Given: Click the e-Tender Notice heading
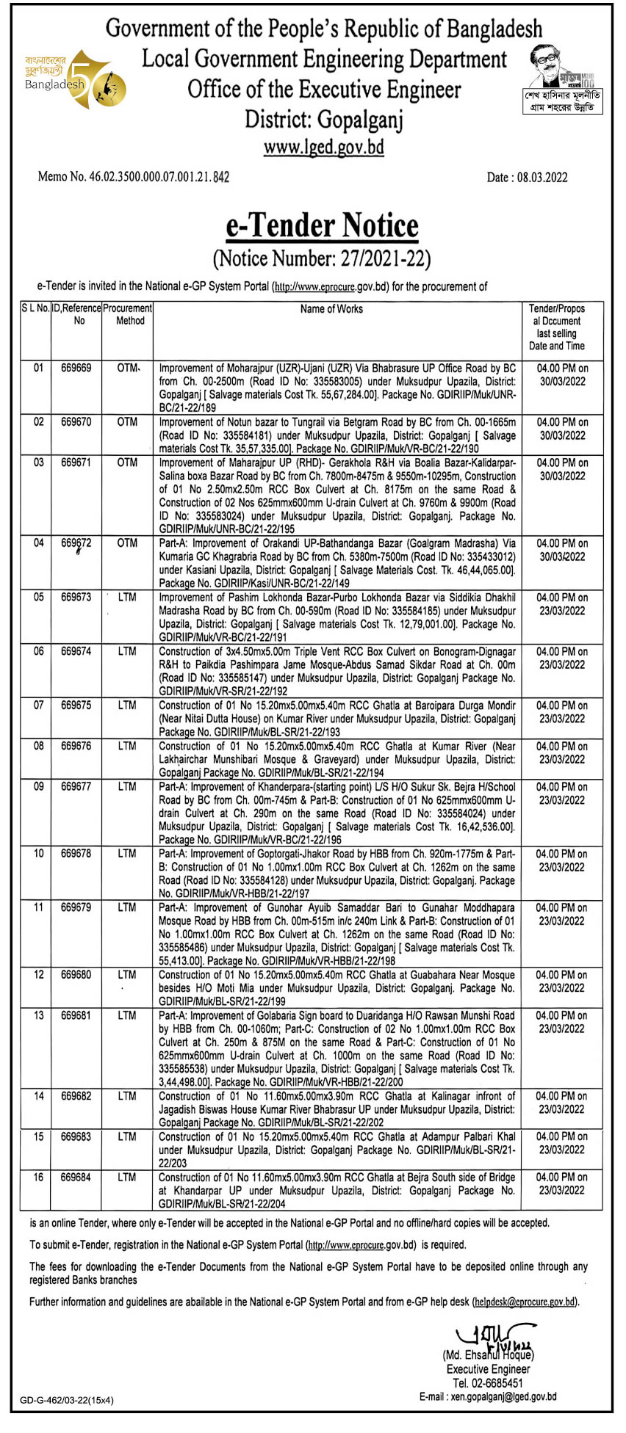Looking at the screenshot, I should [x=322, y=226].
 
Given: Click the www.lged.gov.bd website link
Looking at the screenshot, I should [x=323, y=147].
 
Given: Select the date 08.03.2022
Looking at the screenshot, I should [x=527, y=177].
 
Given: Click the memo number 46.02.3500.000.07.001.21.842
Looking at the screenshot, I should [x=134, y=177].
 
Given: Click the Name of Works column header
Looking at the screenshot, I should [x=331, y=309].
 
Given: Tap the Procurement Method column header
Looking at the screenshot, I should [x=129, y=314].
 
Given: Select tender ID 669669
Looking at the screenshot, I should [x=76, y=368].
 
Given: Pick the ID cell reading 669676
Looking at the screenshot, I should [x=76, y=746].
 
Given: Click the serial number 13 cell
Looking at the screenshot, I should [x=38, y=1015].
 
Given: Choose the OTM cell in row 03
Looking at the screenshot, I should [x=127, y=462].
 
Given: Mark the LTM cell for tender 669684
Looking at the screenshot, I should [x=127, y=1178].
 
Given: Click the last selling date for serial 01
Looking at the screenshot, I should [x=562, y=374].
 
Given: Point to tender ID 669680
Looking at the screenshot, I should [x=76, y=975].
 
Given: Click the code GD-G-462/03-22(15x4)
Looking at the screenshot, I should [x=67, y=1400].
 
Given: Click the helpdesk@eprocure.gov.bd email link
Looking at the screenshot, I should [x=525, y=1302].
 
